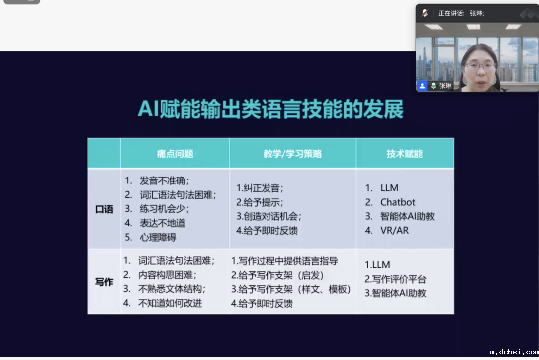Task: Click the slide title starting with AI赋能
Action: tap(270, 109)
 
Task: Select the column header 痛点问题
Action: tap(175, 154)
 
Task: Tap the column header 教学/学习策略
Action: tap(292, 154)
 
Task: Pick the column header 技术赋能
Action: tap(405, 154)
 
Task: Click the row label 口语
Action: tap(104, 209)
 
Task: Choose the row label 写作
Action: tap(104, 282)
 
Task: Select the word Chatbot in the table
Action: tap(398, 202)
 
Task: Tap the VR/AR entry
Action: tap(394, 230)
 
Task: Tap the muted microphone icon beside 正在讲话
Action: tap(425, 13)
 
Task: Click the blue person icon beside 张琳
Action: tap(422, 86)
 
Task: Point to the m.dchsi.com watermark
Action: tap(514, 352)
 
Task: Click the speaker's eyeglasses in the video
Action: tap(480, 66)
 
